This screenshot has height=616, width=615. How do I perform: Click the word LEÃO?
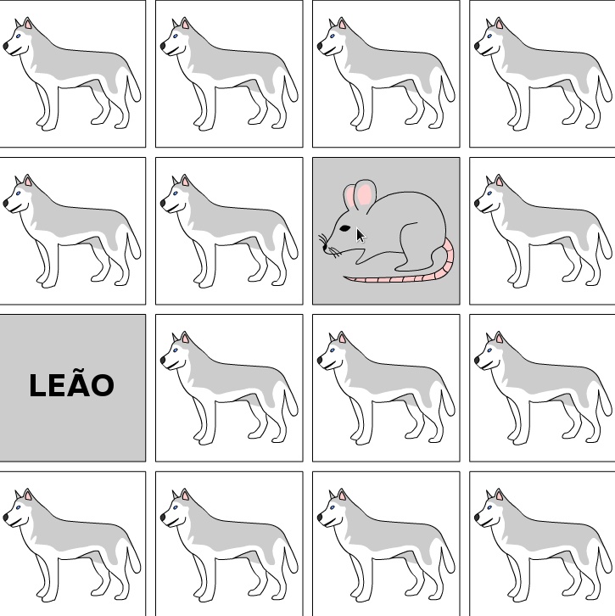click(x=72, y=384)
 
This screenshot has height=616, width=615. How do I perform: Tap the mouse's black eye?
click(x=344, y=228)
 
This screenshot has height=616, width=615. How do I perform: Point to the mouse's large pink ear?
click(x=365, y=193)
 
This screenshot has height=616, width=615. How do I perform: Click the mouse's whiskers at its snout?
click(x=329, y=246)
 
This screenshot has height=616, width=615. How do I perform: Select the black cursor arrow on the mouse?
click(x=361, y=235)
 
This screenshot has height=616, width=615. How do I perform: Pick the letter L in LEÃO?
click(x=37, y=385)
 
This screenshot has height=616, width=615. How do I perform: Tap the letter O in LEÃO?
click(x=104, y=385)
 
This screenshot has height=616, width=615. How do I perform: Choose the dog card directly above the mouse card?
click(x=386, y=74)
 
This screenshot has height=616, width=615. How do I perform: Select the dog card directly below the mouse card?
click(x=386, y=388)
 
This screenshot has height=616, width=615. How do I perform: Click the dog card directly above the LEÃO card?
click(x=72, y=231)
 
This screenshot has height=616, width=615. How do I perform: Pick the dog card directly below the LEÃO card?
click(x=72, y=544)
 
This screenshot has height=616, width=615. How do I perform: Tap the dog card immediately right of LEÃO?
click(x=229, y=388)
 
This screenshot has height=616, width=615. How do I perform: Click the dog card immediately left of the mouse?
click(x=229, y=231)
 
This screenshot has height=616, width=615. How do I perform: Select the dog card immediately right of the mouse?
click(x=542, y=231)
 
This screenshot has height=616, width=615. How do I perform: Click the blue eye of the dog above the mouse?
click(x=333, y=36)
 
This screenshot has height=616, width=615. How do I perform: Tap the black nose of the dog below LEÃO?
click(x=5, y=518)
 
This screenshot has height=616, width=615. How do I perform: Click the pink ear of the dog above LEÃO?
click(x=28, y=181)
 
